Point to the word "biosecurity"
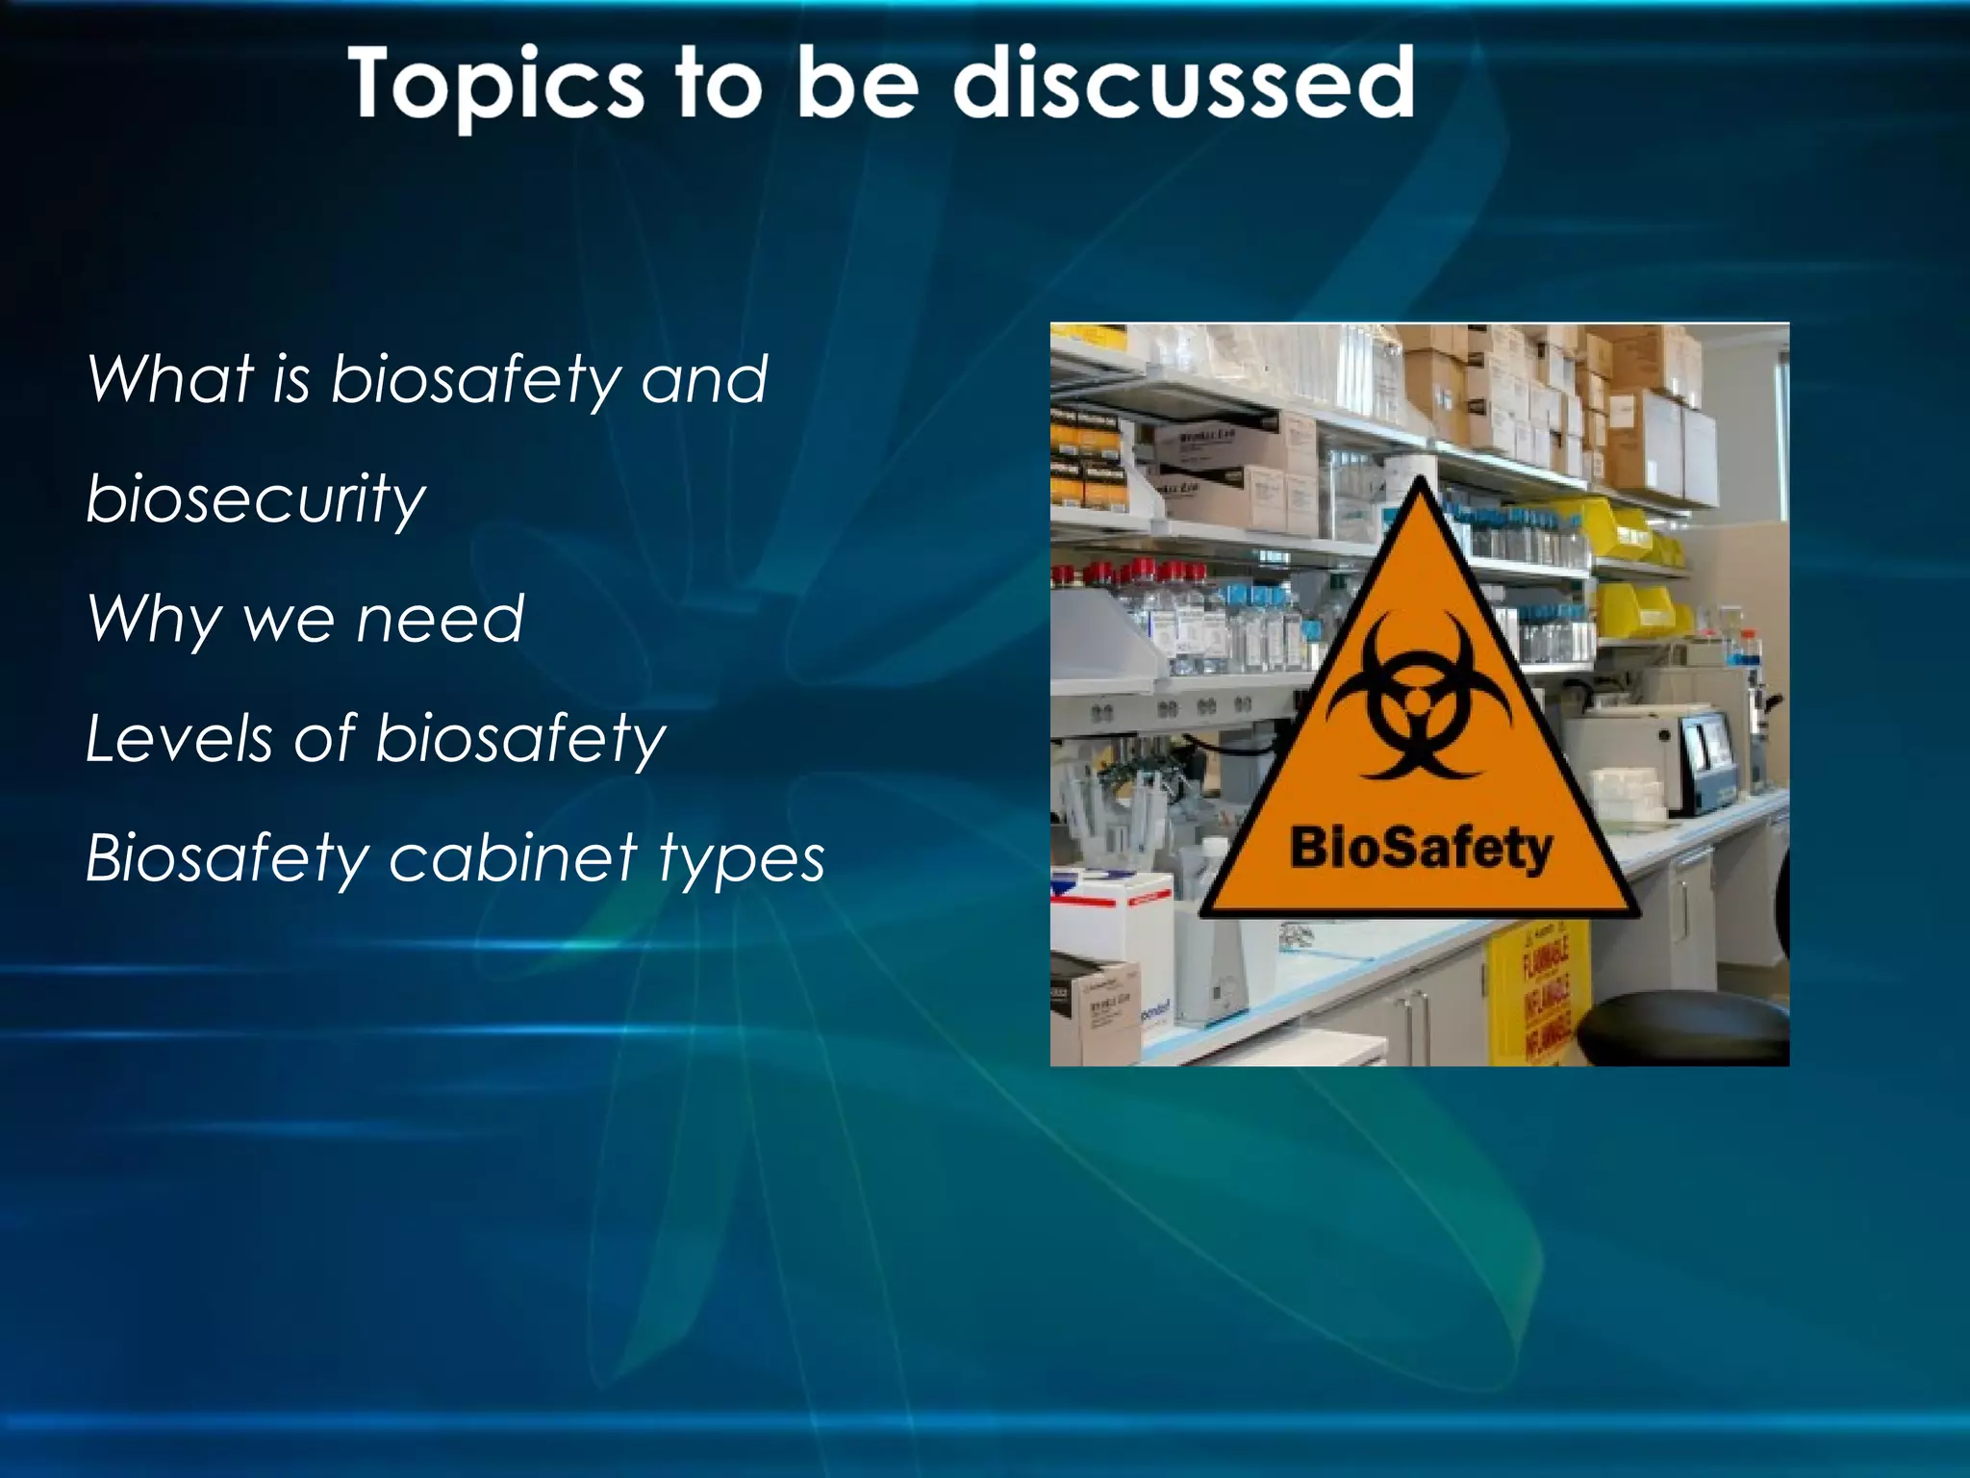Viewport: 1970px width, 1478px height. [255, 499]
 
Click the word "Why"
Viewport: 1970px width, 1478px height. [154, 619]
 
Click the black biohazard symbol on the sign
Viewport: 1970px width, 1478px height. [1418, 697]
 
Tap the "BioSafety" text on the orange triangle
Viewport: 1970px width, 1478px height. [1420, 849]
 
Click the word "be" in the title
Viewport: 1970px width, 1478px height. [858, 85]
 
